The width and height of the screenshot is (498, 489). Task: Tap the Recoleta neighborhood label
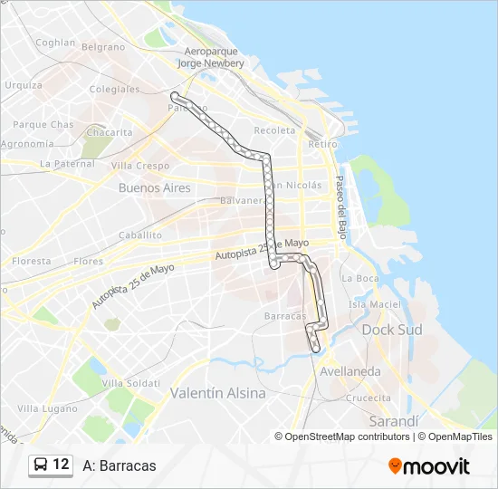pos(274,130)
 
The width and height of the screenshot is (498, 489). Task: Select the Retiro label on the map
pos(322,144)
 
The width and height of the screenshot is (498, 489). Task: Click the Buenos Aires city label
pos(154,188)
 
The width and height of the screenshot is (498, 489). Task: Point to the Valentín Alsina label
pos(218,393)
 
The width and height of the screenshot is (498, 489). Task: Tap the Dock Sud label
pos(392,330)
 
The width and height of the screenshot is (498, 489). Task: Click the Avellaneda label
pos(349,371)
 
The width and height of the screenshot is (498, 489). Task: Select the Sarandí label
pos(395,422)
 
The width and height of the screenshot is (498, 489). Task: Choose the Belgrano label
pos(102,46)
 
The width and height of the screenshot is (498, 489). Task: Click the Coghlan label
pos(54,42)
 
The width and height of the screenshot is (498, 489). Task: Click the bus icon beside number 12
pos(42,465)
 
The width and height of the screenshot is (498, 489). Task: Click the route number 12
pos(61,465)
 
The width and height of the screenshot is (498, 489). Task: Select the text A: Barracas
pos(119,465)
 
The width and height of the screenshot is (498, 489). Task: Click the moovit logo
pos(429,466)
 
